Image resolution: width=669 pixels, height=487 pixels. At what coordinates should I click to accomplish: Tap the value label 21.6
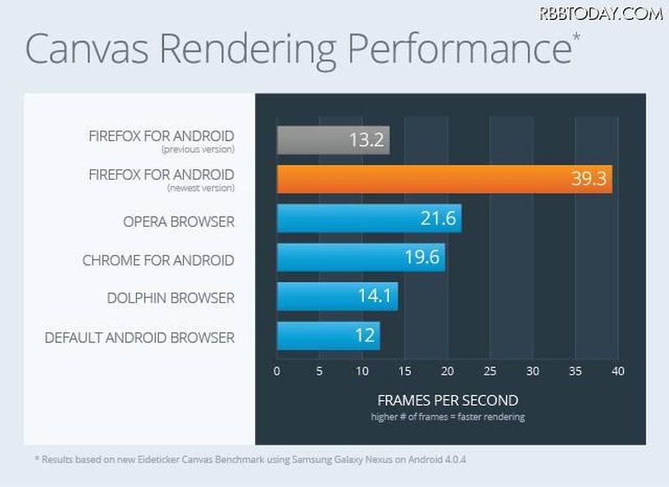click(x=437, y=218)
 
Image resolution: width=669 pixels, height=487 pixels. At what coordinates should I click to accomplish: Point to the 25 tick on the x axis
click(x=489, y=371)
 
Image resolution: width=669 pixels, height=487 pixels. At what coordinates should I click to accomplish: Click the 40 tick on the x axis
click(x=617, y=371)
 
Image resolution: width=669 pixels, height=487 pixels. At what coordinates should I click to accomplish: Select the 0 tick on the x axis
click(x=277, y=371)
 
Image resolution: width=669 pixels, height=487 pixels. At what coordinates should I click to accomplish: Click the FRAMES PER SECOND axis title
click(x=447, y=400)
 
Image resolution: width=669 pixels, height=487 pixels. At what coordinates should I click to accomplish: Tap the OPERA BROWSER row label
click(x=178, y=223)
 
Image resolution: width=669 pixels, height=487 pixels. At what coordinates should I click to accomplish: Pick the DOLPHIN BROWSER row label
click(x=171, y=298)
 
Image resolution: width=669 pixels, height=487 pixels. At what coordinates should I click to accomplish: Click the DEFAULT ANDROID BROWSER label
click(x=140, y=338)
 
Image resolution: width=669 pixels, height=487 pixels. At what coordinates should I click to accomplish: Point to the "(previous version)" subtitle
click(x=199, y=149)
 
